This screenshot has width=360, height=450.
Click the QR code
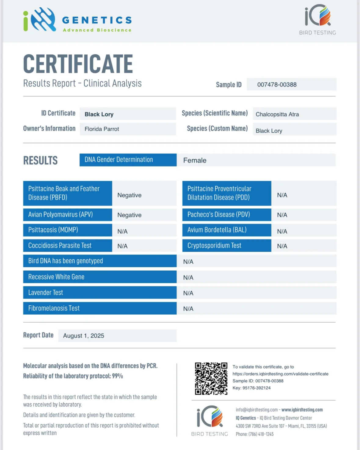[211, 378]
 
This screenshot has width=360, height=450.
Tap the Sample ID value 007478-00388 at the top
[277, 85]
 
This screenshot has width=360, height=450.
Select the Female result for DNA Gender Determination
[195, 160]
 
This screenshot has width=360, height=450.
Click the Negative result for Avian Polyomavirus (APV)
[129, 215]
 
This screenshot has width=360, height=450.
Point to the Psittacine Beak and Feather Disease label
[64, 193]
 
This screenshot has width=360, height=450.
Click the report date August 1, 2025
[83, 336]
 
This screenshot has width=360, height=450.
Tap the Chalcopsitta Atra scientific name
[277, 114]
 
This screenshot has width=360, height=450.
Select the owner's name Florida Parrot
[102, 129]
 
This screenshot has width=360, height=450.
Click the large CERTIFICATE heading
[78, 64]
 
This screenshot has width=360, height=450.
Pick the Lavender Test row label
[45, 293]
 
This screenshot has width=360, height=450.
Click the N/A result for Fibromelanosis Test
[188, 309]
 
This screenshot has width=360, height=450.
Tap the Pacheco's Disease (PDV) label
[219, 215]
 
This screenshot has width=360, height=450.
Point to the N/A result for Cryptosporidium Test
[282, 246]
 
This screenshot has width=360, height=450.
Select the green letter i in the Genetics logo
[26, 21]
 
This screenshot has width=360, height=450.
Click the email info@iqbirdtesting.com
[256, 410]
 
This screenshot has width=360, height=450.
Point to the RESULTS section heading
[40, 160]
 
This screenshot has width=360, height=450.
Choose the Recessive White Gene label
[56, 277]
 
